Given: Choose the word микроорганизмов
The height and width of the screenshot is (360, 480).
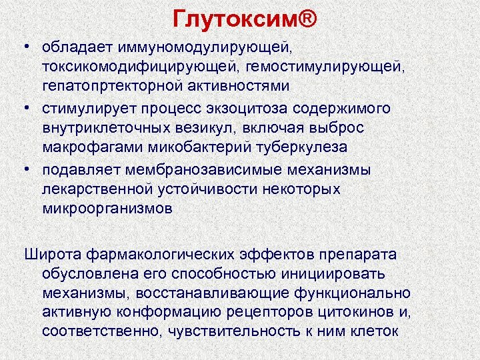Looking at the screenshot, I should pyautogui.click(x=107, y=207).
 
